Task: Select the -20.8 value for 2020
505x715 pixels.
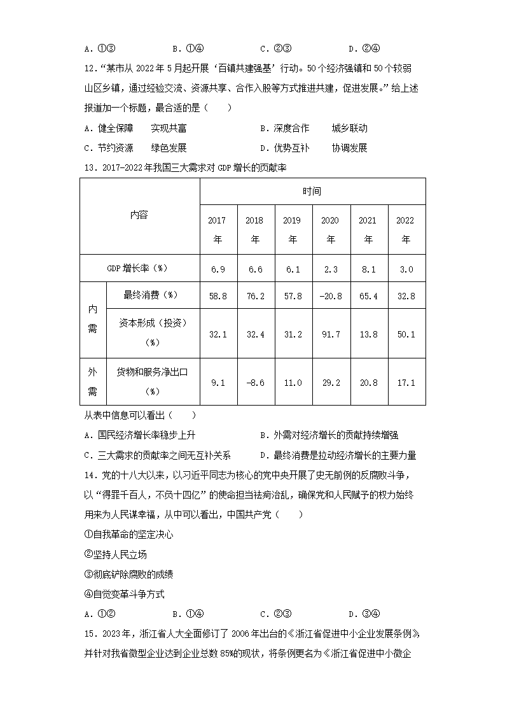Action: (330, 295)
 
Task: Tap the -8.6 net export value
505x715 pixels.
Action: (254, 383)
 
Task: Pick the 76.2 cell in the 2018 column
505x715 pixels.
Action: (254, 295)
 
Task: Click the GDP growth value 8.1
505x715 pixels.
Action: (368, 269)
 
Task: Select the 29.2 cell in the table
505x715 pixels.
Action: (330, 383)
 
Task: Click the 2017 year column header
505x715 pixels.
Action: (217, 230)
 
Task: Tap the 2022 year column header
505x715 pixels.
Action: (405, 230)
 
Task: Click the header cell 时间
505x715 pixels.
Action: (312, 191)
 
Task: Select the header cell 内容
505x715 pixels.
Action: (139, 215)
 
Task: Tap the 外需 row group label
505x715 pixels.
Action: (92, 381)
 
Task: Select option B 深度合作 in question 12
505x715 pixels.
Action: (314, 128)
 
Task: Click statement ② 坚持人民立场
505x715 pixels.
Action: (119, 555)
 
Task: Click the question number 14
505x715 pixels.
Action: (90, 475)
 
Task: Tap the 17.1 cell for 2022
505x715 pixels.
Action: (405, 383)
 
